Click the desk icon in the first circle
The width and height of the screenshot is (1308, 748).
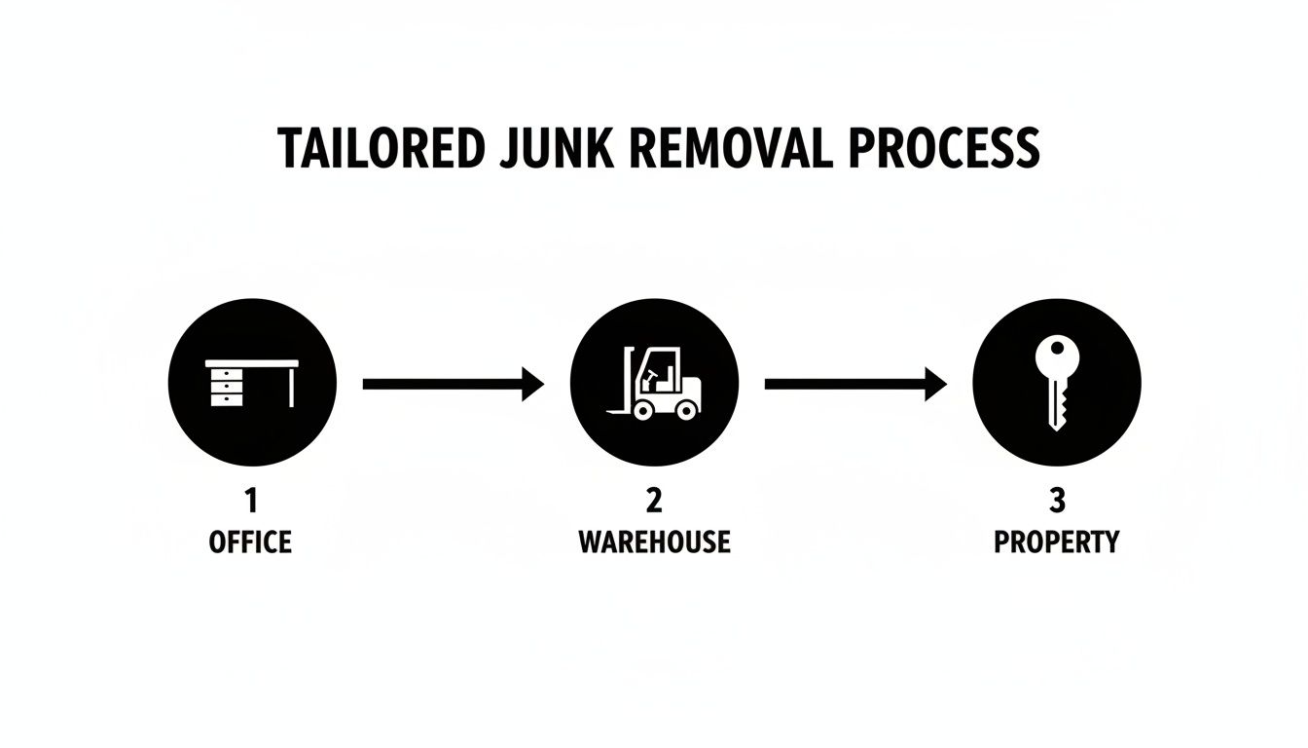(252, 382)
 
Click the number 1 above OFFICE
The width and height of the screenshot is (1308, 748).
(251, 502)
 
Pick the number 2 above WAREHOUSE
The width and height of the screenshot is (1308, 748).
(654, 502)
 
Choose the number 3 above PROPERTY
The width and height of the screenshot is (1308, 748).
(1057, 502)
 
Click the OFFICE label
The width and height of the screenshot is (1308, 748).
(250, 542)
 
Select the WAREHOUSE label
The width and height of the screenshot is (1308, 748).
(654, 542)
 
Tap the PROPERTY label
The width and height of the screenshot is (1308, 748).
(1057, 542)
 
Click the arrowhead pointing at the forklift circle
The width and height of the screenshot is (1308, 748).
(532, 385)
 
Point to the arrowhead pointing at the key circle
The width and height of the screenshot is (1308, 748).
(935, 385)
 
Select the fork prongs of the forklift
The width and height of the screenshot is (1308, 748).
(619, 411)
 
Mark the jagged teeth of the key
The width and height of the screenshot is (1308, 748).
(1062, 408)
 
